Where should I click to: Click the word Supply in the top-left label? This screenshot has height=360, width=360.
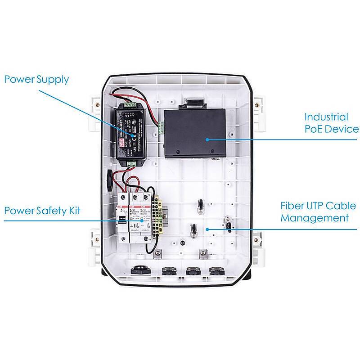coord(52,80)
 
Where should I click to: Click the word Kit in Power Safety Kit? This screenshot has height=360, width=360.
coord(74,210)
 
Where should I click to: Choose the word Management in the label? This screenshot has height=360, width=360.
coord(314,218)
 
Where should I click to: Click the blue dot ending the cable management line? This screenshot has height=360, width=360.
coord(207,229)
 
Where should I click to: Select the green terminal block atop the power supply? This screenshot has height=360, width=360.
coord(130,105)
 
